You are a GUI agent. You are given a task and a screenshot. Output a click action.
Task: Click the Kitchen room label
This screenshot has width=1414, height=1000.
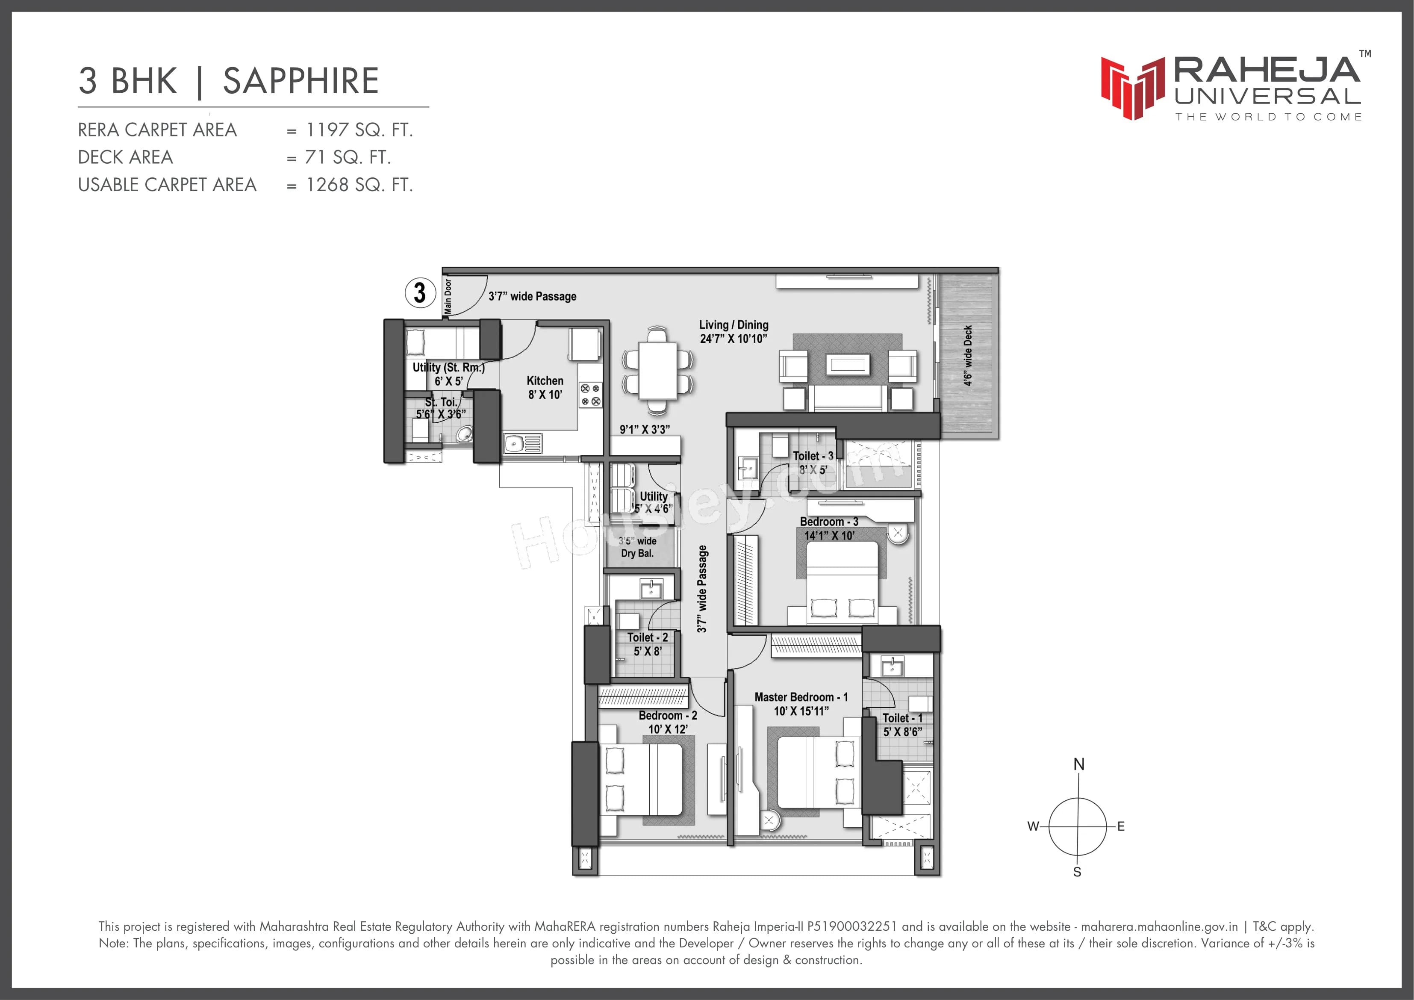pos(545,381)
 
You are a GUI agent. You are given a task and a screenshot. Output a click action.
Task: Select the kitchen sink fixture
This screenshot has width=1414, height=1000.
pos(522,443)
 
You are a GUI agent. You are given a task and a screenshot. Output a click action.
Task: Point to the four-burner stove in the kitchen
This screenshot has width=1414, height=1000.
pos(590,395)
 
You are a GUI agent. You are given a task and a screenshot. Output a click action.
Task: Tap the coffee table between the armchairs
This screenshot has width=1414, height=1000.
pos(848,365)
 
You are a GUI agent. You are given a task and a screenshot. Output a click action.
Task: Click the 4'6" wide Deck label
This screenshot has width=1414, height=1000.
pos(967,356)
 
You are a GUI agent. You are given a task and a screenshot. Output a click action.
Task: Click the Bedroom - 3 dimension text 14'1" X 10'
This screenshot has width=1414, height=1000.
pos(829,535)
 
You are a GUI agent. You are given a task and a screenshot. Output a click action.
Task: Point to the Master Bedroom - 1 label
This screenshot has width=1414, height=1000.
pos(801,697)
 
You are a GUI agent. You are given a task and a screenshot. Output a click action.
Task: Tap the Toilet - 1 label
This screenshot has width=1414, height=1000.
pos(902,718)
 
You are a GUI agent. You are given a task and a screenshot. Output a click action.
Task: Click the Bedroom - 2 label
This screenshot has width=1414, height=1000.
pos(668,715)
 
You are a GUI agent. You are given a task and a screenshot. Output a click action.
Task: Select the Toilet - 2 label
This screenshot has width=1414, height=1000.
pos(647,638)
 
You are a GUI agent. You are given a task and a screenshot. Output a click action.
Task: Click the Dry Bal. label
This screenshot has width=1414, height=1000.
pos(637,553)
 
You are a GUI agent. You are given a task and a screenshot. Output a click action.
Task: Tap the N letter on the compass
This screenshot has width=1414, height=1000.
pos(1079,764)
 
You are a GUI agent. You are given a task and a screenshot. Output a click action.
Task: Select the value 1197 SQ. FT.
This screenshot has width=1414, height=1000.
pos(359,130)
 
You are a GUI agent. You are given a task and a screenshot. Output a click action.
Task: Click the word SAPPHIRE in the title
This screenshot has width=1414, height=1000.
pos(300,81)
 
